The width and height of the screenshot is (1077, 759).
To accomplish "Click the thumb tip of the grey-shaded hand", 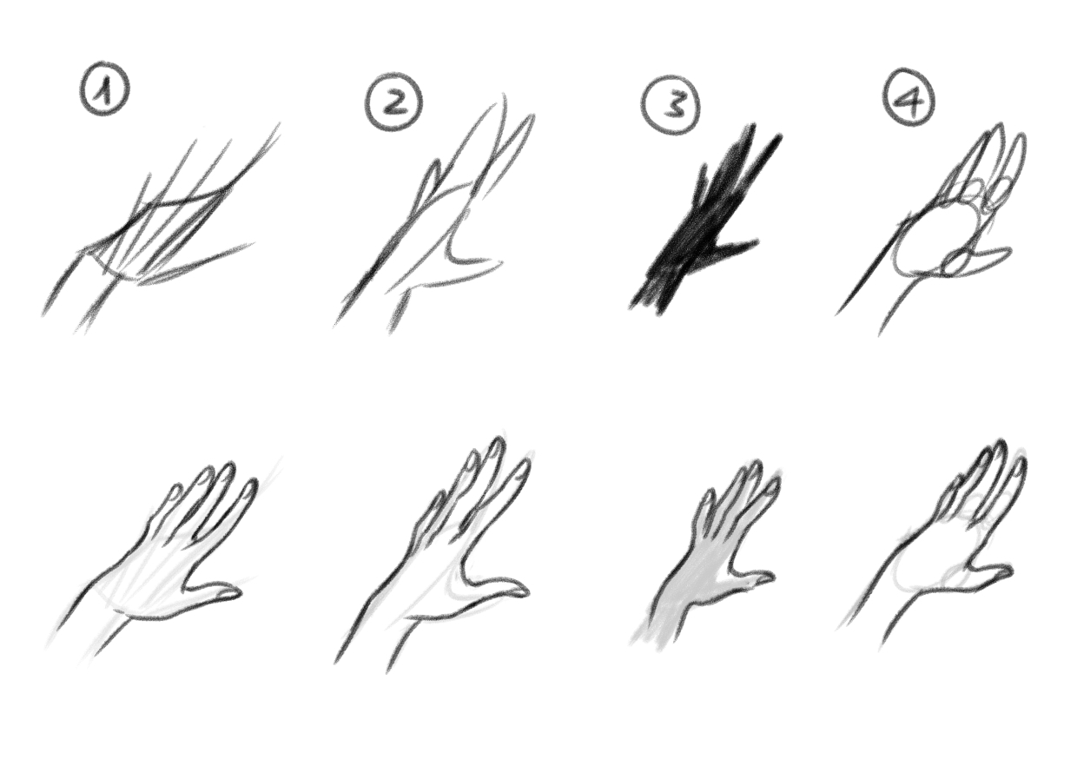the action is pyautogui.click(x=770, y=577).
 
